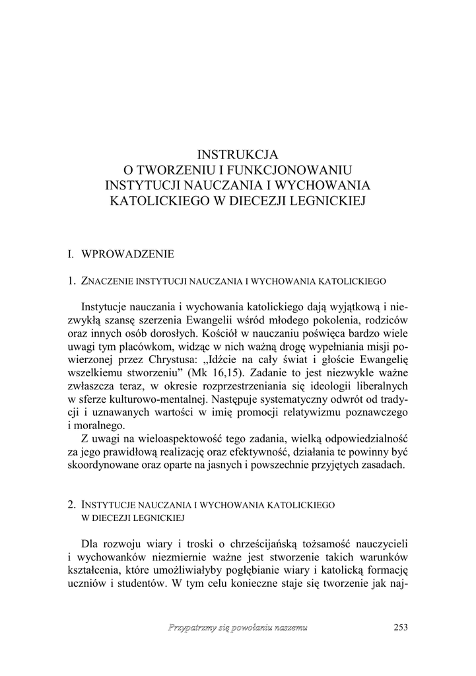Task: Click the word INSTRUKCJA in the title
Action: (238, 155)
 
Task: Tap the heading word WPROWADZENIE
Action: (127, 253)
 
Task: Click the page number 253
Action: (401, 626)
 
